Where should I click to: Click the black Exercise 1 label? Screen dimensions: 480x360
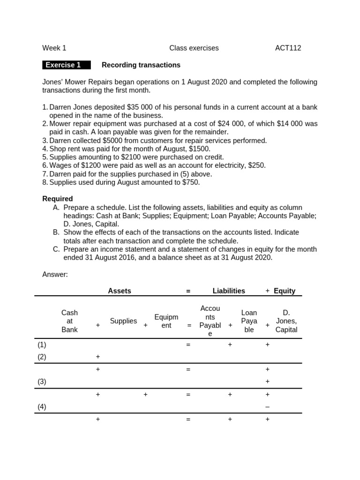(x=66, y=65)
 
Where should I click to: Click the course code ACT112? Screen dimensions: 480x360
(x=288, y=48)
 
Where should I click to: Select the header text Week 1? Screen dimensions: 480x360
(x=54, y=48)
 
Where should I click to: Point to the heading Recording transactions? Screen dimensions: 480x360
(x=141, y=65)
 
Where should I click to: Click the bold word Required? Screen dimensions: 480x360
(x=58, y=199)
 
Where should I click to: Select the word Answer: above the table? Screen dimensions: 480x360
(x=55, y=274)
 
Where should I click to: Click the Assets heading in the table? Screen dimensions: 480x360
(x=120, y=291)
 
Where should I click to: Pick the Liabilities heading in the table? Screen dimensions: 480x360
(x=229, y=291)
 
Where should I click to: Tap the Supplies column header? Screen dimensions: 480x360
(x=123, y=321)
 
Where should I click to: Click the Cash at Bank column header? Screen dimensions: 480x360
(x=69, y=321)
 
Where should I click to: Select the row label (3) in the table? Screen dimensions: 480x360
(x=42, y=382)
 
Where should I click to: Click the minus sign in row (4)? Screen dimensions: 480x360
(x=267, y=407)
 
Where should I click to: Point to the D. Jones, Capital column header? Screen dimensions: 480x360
(x=286, y=321)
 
